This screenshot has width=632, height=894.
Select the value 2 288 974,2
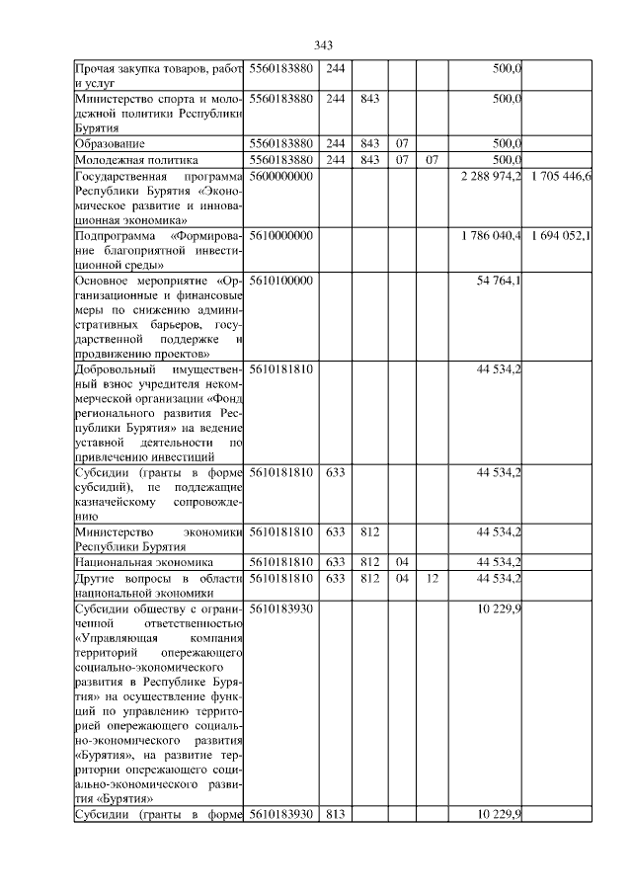[x=491, y=176]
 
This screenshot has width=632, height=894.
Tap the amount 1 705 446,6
[x=560, y=176]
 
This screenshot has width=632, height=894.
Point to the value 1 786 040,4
[x=491, y=237]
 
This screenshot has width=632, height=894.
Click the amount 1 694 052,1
[x=560, y=237]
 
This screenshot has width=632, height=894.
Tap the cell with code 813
[x=335, y=814]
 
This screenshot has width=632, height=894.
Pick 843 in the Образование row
[x=370, y=144]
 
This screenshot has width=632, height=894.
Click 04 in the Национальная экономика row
[x=402, y=562]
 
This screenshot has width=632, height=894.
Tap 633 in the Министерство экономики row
[x=335, y=531]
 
